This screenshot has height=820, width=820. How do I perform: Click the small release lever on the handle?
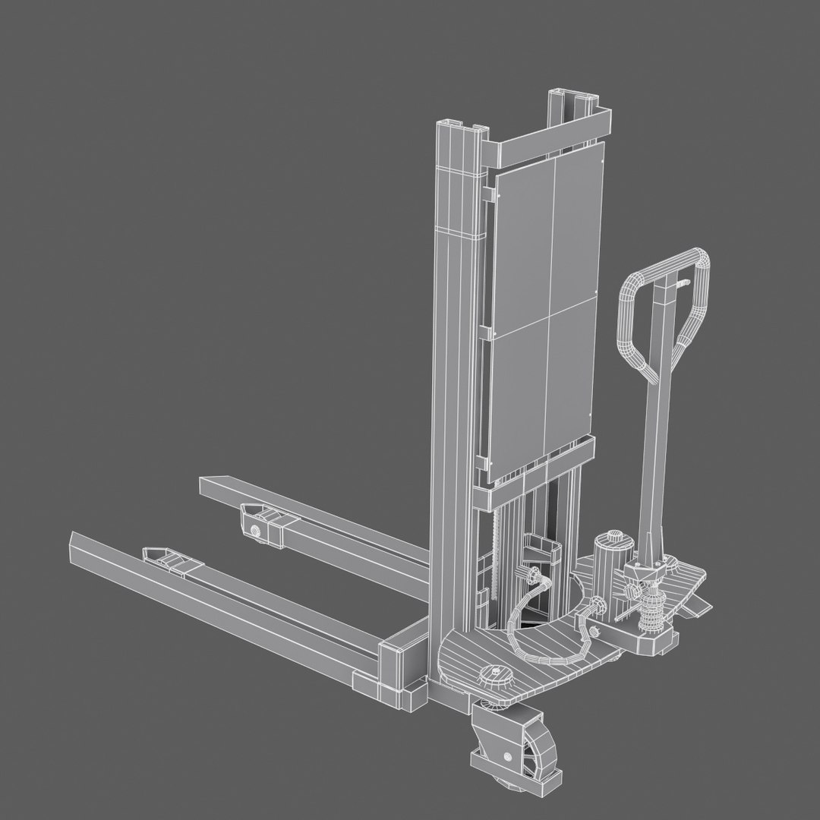682,283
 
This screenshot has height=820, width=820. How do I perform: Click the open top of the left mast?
456,125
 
